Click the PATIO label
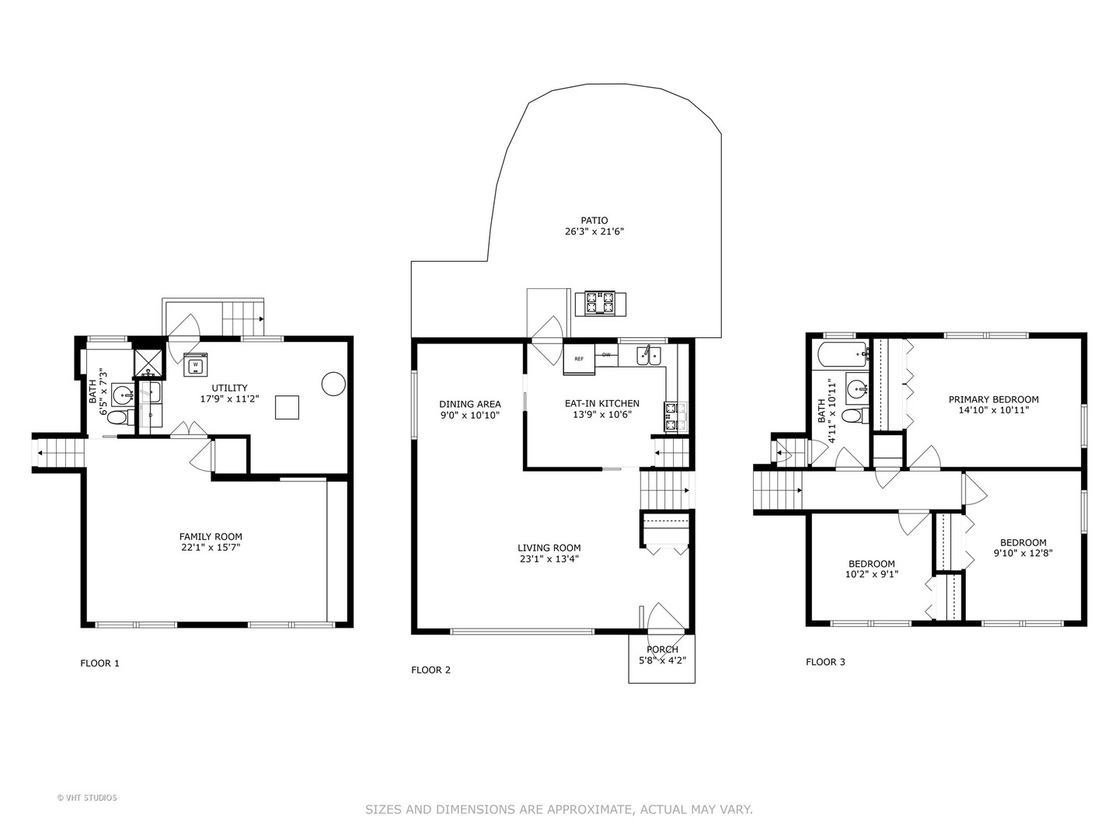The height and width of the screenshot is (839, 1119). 594,221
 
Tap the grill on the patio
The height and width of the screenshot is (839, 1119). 600,302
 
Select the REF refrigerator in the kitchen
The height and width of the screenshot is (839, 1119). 579,359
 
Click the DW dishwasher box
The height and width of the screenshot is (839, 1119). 606,355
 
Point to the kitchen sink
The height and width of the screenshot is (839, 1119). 649,356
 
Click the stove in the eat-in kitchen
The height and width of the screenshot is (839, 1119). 671,416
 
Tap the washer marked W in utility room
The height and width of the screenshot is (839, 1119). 196,364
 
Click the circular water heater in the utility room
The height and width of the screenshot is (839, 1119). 333,384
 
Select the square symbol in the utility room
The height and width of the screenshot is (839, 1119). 287,407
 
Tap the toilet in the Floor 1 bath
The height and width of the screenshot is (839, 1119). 117,418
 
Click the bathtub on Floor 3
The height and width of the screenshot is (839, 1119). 842,356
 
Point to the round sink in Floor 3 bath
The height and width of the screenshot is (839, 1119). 856,388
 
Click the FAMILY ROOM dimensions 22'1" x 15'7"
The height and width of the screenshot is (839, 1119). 211,548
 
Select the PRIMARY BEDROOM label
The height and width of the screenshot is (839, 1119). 993,399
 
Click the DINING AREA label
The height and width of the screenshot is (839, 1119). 470,404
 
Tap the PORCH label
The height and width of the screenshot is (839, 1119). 662,649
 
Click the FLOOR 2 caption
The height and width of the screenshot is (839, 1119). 431,670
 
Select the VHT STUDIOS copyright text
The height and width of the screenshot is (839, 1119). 87,798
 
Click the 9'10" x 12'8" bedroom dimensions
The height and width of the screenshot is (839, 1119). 1023,554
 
